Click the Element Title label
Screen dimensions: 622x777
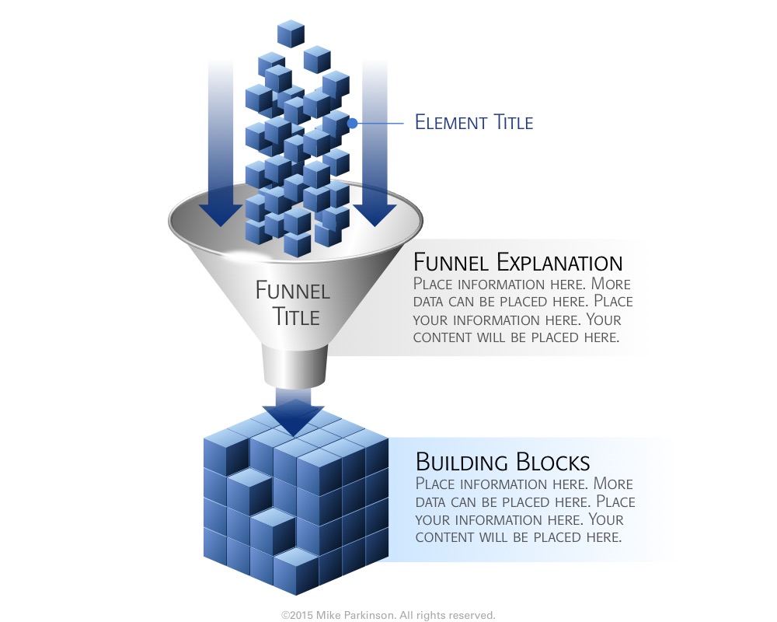(473, 122)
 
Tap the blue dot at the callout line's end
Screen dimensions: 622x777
(352, 123)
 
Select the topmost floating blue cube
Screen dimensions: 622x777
(291, 33)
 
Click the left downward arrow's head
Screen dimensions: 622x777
(221, 215)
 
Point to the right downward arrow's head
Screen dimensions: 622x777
(375, 215)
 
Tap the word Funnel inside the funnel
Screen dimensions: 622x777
(293, 292)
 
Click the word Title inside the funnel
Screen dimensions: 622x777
(295, 316)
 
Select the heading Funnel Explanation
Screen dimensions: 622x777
(517, 262)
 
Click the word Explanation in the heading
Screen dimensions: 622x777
(559, 262)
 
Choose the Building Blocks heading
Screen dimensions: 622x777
(503, 462)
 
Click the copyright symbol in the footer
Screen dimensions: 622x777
(285, 615)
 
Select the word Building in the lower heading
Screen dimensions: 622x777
(458, 462)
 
